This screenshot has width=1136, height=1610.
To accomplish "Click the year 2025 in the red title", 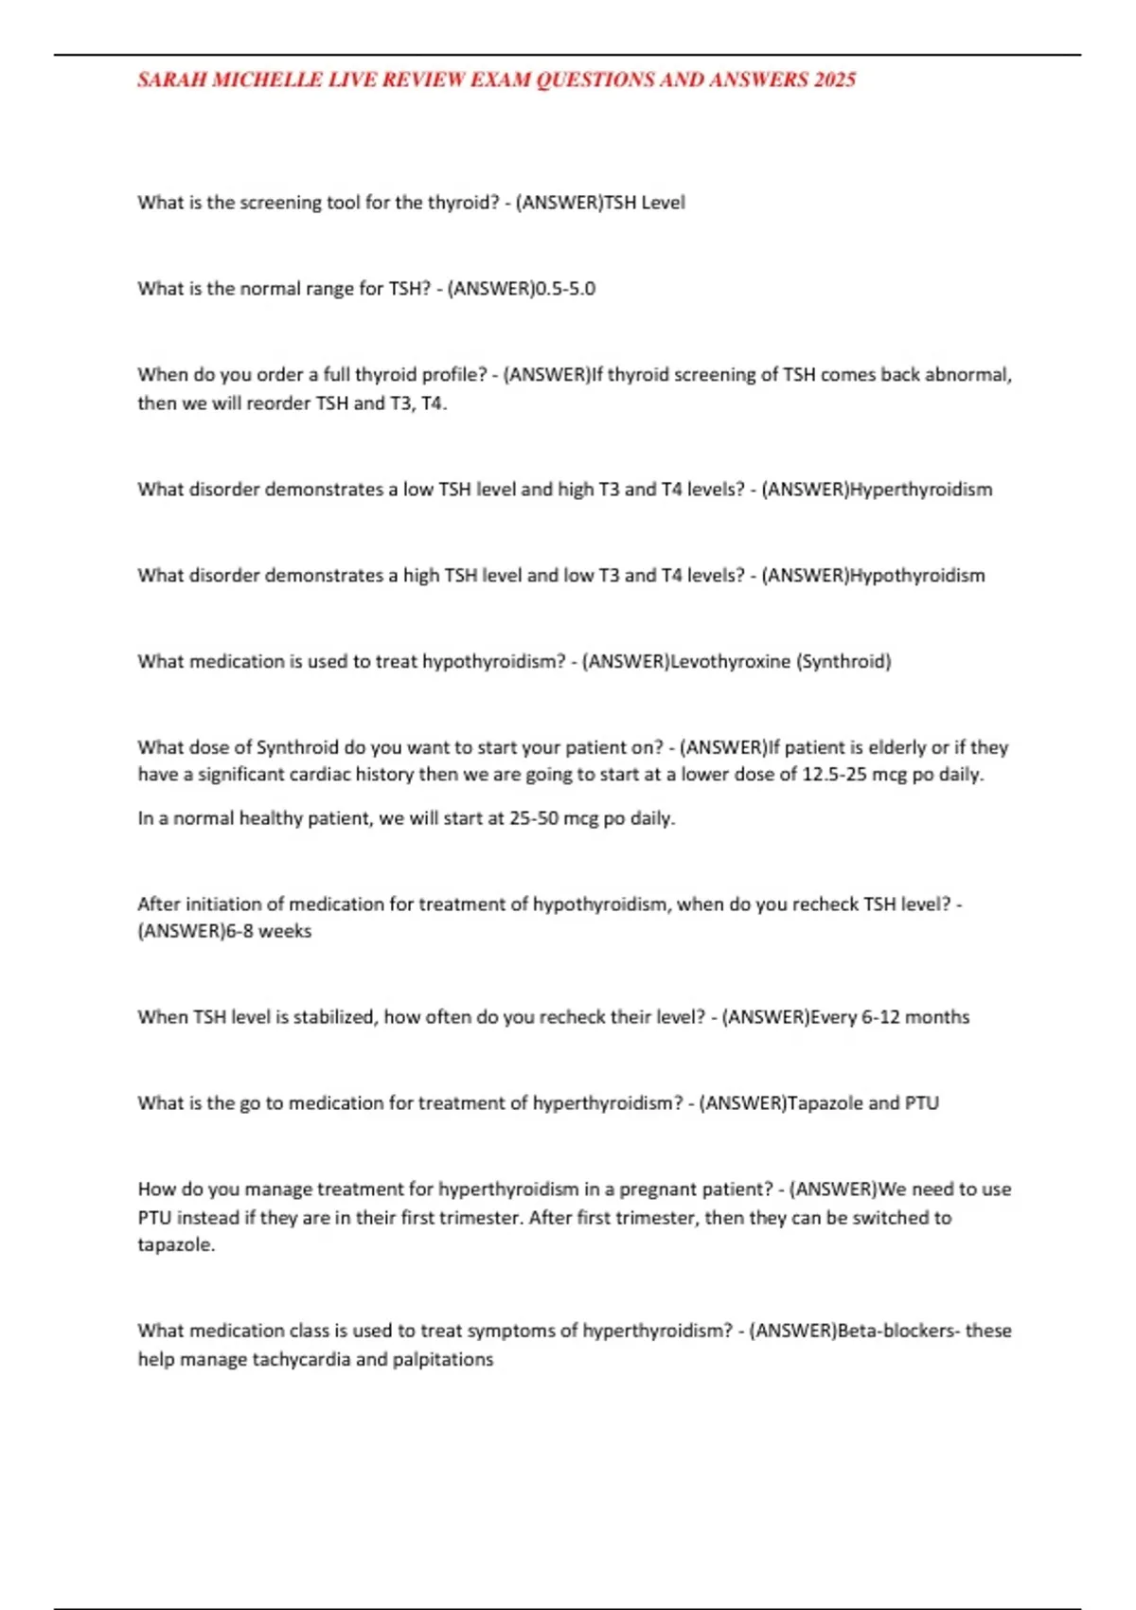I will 834,80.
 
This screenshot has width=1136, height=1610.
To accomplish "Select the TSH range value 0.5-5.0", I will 565,289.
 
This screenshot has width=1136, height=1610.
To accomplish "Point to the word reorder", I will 278,403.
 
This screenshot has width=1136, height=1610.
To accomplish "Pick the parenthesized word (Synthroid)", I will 844,661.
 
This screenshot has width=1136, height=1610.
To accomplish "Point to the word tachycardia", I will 301,1360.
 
